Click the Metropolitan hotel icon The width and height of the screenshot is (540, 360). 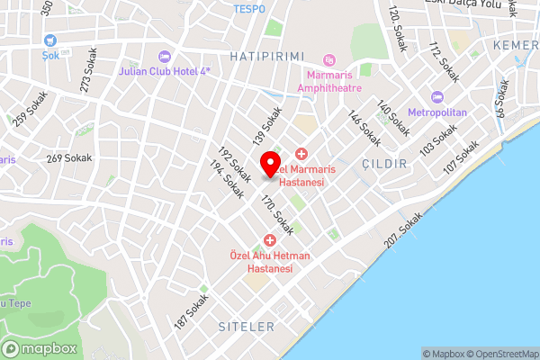[x=438, y=96]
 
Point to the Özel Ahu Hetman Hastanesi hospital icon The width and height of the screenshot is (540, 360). [x=269, y=239]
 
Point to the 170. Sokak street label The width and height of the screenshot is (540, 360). [x=277, y=217]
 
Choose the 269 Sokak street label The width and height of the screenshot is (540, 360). [x=69, y=158]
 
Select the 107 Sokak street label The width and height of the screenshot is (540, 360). [x=463, y=159]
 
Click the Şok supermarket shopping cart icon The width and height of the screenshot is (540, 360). [x=49, y=40]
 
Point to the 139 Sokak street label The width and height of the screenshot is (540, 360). [x=267, y=127]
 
